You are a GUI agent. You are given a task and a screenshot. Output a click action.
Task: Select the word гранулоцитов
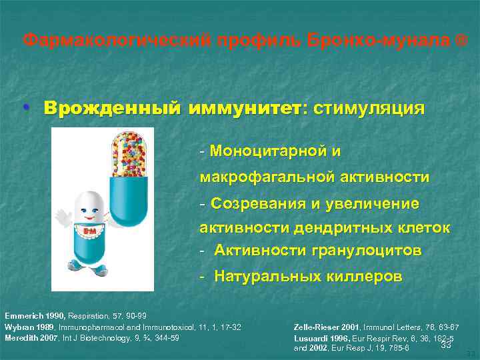(366, 251)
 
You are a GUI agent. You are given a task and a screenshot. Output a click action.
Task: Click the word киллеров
(363, 276)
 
